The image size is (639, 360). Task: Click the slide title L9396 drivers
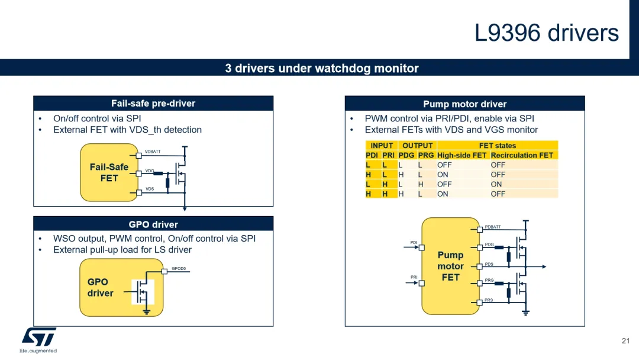pos(547,33)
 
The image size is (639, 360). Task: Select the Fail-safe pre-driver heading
pos(153,104)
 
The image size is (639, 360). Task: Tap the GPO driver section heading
pos(153,224)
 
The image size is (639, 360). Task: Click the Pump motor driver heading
pos(464,104)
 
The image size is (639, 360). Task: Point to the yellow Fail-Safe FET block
pos(109,172)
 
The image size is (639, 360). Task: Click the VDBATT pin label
pos(153,152)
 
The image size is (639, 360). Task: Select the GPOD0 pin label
pos(179,269)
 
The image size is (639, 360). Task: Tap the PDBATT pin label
pos(493,227)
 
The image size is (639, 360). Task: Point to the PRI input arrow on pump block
pos(412,282)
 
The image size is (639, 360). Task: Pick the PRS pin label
pos(489,300)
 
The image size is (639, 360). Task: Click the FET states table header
pos(497,146)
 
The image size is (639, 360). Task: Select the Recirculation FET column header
pos(522,155)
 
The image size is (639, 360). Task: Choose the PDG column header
pos(406,155)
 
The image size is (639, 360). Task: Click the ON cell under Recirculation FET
pos(496,184)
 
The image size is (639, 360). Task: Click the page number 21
pos(625,341)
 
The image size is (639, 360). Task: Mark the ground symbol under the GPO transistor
pos(146,312)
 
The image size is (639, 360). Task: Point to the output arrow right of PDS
pos(536,266)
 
